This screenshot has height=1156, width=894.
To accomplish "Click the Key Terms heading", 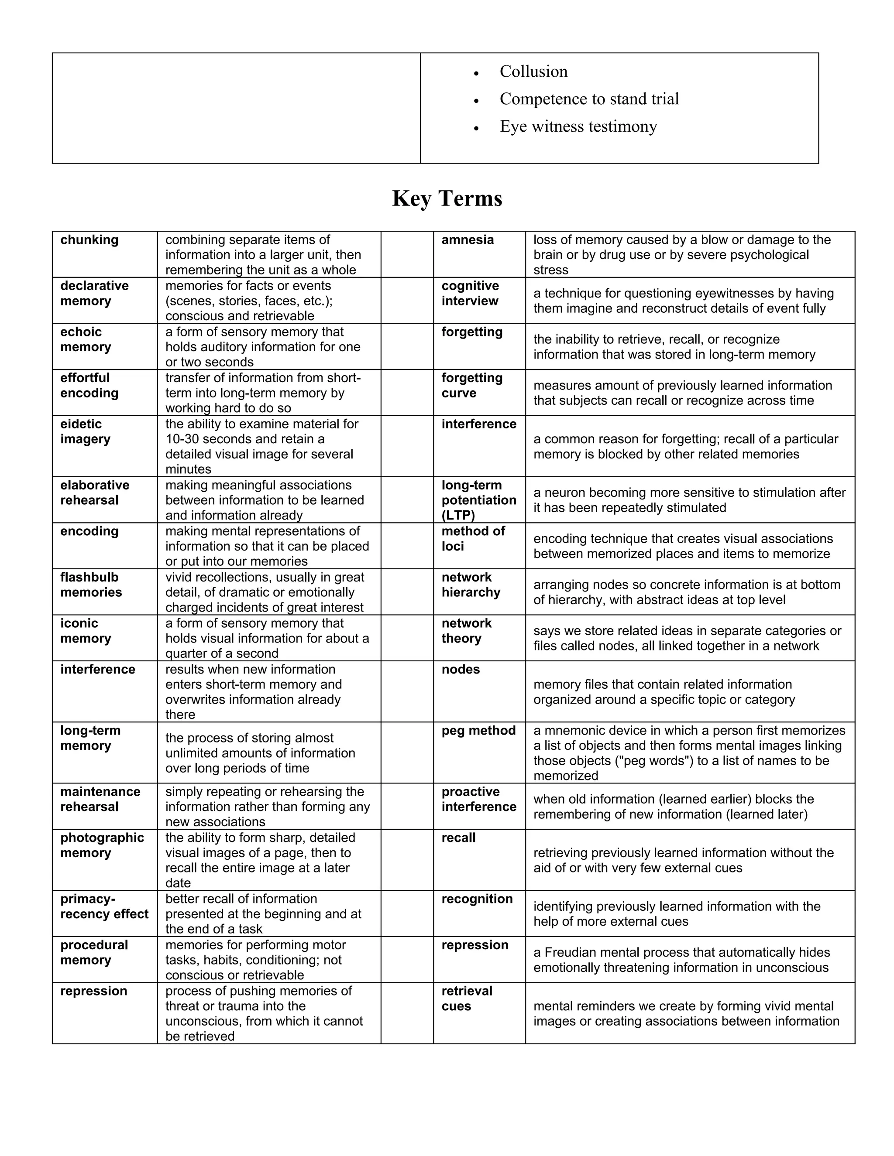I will point(447,198).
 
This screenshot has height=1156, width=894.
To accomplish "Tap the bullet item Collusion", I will point(533,72).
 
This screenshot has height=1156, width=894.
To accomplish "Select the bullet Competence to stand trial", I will point(589,99).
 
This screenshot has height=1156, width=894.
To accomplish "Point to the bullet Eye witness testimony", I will point(578,127).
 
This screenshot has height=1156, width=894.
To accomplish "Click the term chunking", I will point(89,240).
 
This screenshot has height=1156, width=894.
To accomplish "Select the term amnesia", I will point(467,240).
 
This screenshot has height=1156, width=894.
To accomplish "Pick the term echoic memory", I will point(86,339).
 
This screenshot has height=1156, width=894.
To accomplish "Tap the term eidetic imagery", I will point(85,431).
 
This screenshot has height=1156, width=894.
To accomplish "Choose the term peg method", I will point(478,730).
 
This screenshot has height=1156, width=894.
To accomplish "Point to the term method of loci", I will point(473,538).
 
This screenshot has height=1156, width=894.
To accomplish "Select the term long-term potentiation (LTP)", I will point(478,499).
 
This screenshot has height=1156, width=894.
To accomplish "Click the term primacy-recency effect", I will point(104,906).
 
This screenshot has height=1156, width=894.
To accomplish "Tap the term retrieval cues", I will point(467,998).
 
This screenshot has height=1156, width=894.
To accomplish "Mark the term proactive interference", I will point(478,799).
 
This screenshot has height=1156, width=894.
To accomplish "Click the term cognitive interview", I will point(470,293).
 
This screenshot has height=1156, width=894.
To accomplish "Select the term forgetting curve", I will point(471,385).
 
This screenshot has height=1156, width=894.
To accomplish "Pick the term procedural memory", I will point(94,952).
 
